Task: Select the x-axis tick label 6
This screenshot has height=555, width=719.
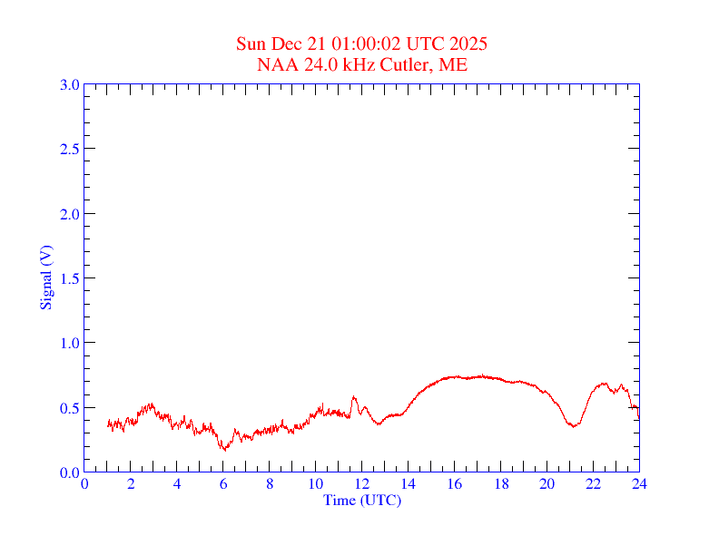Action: point(223,484)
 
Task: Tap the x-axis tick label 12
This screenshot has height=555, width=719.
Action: point(362,484)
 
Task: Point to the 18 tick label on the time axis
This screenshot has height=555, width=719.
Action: point(501,484)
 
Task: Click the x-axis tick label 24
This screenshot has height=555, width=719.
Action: point(639,484)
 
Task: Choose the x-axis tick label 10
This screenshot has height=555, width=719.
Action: point(316,484)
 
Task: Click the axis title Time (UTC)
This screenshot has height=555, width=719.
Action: point(362,500)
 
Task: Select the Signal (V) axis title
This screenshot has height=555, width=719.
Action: point(46,277)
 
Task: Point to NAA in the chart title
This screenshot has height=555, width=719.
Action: point(275,65)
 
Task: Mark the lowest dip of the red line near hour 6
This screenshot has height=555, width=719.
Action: point(223,449)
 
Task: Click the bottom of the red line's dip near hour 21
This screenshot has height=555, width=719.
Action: point(573,425)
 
